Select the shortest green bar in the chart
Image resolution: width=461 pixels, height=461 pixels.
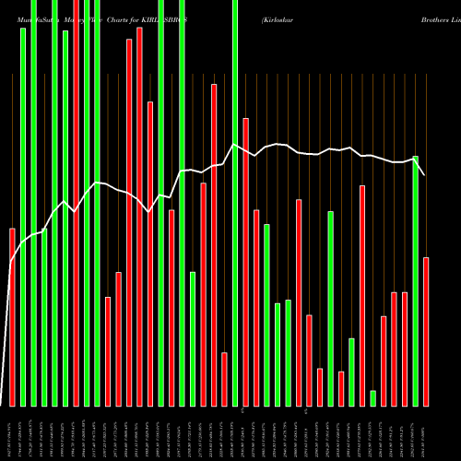click(372, 397)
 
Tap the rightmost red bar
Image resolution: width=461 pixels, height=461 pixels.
click(426, 331)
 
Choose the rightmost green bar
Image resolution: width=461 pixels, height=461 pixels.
click(415, 280)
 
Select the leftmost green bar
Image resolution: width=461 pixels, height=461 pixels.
click(23, 217)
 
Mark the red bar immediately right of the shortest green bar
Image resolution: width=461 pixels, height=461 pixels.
click(384, 361)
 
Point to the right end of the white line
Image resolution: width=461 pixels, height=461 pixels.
click(425, 175)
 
